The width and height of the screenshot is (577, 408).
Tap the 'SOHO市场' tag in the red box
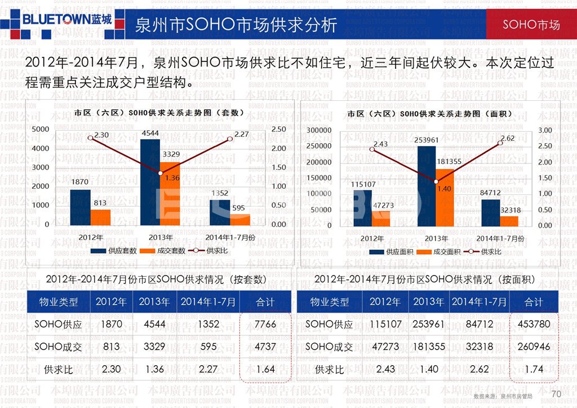click(531, 25)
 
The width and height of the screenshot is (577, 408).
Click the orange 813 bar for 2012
click(100, 217)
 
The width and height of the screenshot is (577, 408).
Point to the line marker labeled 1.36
click(161, 173)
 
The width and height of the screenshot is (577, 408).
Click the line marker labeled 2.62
click(500, 143)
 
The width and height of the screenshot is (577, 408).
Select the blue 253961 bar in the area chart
click(427, 186)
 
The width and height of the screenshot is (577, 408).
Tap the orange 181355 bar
click(445, 197)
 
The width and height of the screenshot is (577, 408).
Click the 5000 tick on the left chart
click(40, 130)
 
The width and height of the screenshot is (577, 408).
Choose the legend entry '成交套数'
click(163, 251)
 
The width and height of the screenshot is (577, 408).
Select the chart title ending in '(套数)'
click(159, 113)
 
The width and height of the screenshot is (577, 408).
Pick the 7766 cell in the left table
click(265, 325)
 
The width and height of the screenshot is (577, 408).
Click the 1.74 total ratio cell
click(534, 370)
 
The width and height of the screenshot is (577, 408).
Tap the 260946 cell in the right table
click(534, 347)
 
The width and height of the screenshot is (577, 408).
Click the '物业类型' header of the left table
click(58, 302)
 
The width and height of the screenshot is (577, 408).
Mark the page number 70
click(557, 393)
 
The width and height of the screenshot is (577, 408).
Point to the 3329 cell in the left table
click(154, 347)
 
